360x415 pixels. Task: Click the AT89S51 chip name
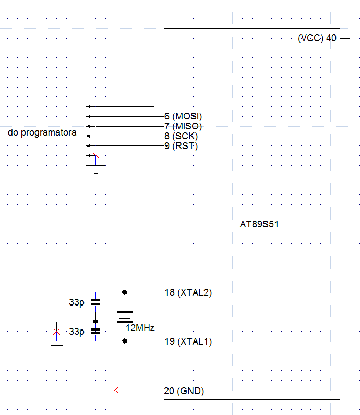click(x=259, y=224)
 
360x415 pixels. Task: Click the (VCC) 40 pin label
click(x=317, y=38)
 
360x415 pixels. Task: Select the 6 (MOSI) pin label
click(x=183, y=116)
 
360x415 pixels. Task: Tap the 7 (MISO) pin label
click(x=183, y=126)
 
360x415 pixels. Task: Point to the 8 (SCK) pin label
click(x=181, y=136)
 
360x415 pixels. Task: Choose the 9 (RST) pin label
click(x=181, y=146)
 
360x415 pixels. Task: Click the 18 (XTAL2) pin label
click(x=188, y=292)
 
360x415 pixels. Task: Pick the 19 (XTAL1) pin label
click(x=188, y=341)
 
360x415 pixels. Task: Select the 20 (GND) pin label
click(x=184, y=391)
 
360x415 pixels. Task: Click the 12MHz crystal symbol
click(x=125, y=317)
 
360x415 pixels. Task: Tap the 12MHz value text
click(x=140, y=328)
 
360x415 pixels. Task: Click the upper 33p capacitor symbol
click(x=95, y=302)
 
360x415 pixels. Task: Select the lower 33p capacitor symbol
click(x=95, y=332)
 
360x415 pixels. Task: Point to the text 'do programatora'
click(x=42, y=132)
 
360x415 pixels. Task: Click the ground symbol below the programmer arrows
click(x=95, y=169)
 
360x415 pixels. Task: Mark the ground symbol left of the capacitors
click(x=57, y=345)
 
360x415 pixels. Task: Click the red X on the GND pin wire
click(x=115, y=390)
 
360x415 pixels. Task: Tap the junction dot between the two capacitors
click(x=95, y=322)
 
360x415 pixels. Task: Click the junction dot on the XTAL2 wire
click(x=125, y=292)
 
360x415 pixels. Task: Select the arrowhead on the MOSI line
click(x=88, y=116)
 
